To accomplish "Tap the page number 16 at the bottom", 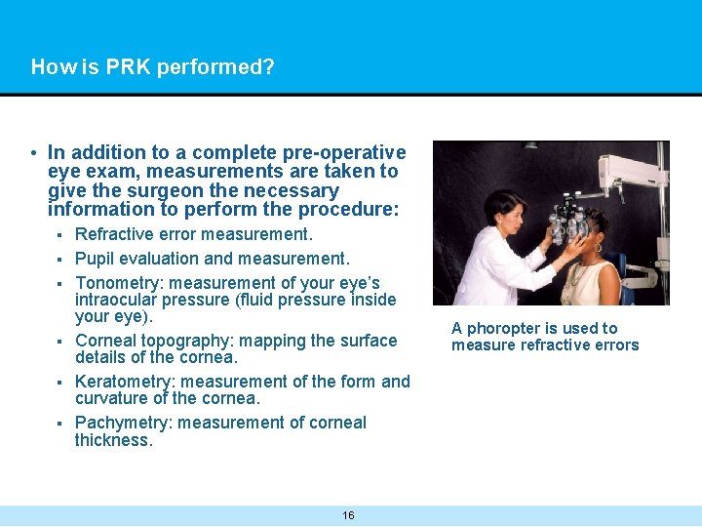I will (348, 515).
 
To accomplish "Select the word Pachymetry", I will (124, 423).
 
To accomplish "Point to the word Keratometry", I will (126, 382).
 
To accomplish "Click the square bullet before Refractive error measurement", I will (59, 235).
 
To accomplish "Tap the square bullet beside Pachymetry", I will (59, 424).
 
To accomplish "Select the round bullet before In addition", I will (33, 153).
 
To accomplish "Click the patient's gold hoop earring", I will (597, 248).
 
